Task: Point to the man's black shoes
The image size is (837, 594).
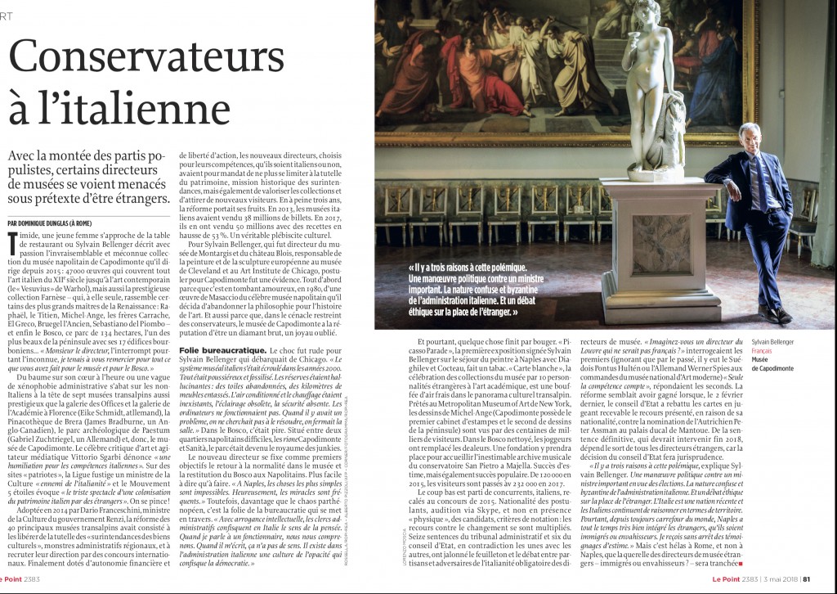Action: pyautogui.click(x=772, y=315)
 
